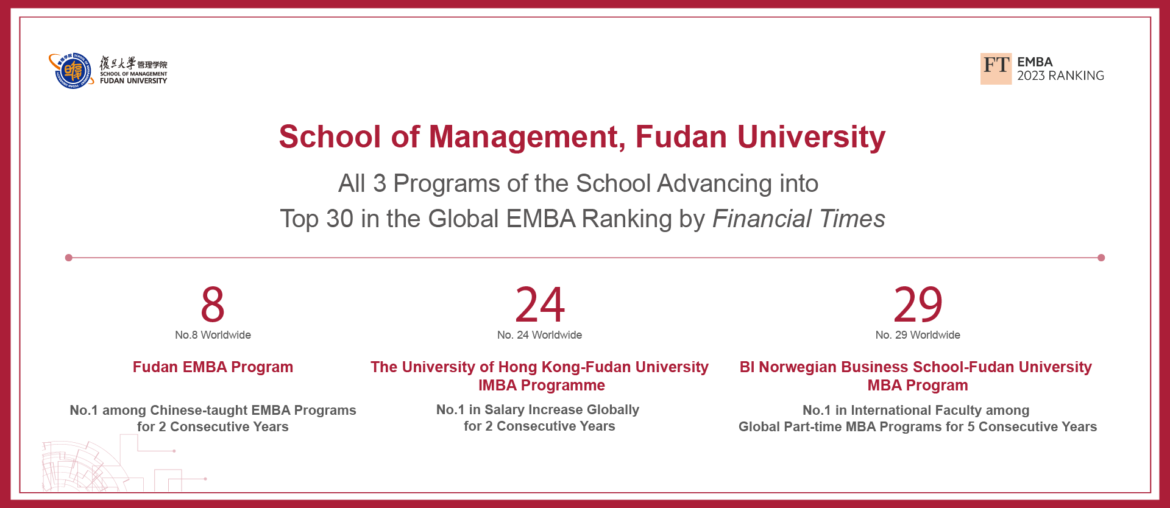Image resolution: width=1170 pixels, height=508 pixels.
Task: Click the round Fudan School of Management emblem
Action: pyautogui.click(x=72, y=71)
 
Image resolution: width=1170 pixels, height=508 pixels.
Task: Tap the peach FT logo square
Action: pyautogui.click(x=996, y=69)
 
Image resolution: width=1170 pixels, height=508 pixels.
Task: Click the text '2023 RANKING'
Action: pyautogui.click(x=1060, y=76)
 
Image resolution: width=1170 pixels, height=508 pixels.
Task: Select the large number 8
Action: pyautogui.click(x=213, y=304)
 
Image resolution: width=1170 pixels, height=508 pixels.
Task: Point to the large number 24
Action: pyautogui.click(x=540, y=304)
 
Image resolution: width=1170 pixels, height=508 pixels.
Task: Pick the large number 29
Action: pyautogui.click(x=918, y=304)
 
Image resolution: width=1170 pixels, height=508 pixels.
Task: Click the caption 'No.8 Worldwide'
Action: pyautogui.click(x=213, y=335)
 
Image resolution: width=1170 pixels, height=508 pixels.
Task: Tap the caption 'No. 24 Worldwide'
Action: pyautogui.click(x=539, y=335)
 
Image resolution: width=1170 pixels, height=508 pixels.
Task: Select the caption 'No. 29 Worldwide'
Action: pyautogui.click(x=918, y=335)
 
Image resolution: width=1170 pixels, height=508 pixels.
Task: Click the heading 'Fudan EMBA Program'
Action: pyautogui.click(x=213, y=367)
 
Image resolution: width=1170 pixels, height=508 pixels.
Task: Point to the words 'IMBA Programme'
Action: pyautogui.click(x=542, y=386)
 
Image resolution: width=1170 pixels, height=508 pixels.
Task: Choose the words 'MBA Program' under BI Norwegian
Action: pyautogui.click(x=918, y=386)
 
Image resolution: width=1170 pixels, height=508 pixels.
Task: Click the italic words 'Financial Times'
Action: pyautogui.click(x=799, y=219)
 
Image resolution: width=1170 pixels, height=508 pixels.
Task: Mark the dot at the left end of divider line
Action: pyautogui.click(x=69, y=258)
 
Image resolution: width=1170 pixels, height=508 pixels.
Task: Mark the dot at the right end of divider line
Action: pyautogui.click(x=1101, y=258)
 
